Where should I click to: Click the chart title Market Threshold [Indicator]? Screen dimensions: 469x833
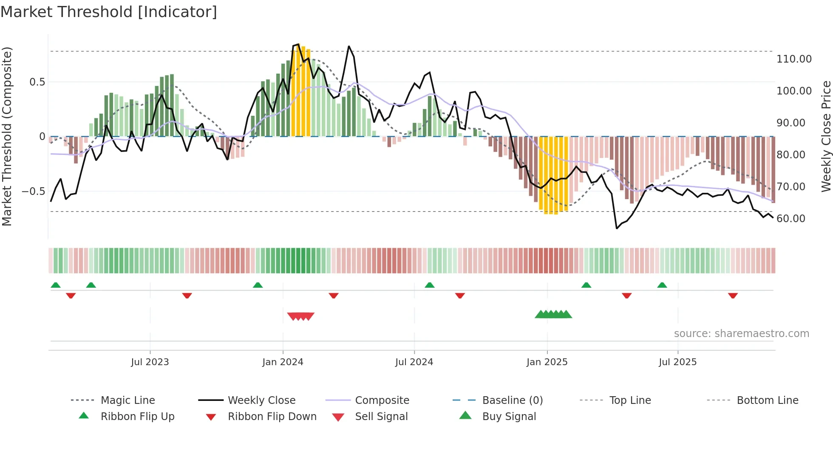(109, 12)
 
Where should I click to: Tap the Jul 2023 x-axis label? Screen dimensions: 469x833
(150, 362)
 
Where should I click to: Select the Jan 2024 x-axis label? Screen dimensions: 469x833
(283, 362)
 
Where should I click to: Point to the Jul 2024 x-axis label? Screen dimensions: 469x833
(414, 362)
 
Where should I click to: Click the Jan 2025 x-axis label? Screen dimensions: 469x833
(547, 362)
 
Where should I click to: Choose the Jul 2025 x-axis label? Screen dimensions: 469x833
(677, 362)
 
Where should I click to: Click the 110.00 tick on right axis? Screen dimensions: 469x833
(793, 59)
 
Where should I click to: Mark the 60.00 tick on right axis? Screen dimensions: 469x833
(790, 219)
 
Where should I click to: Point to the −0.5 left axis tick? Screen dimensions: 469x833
(33, 192)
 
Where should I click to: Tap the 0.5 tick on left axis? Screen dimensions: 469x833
(37, 82)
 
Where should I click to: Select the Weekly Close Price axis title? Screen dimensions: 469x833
(826, 136)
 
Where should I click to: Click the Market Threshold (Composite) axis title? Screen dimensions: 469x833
(7, 136)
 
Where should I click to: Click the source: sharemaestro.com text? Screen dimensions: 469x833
(741, 334)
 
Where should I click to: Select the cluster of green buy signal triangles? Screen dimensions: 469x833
(553, 315)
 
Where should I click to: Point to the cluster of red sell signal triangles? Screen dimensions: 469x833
(300, 316)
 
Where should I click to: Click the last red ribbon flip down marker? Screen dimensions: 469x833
(733, 295)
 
